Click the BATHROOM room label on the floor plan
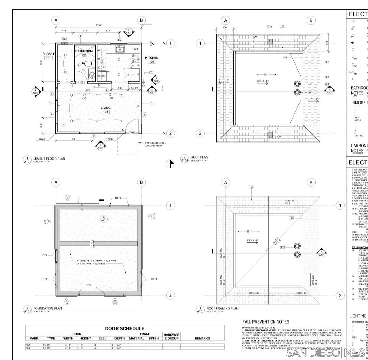click(x=84, y=51)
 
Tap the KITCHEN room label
click(x=152, y=58)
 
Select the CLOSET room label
click(x=48, y=54)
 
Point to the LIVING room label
click(x=106, y=108)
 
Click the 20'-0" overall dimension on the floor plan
click(x=98, y=25)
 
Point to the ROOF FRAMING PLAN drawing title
click(x=223, y=308)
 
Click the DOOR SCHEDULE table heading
click(x=125, y=319)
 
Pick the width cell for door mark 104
click(x=67, y=348)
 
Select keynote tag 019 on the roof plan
click(x=270, y=26)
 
